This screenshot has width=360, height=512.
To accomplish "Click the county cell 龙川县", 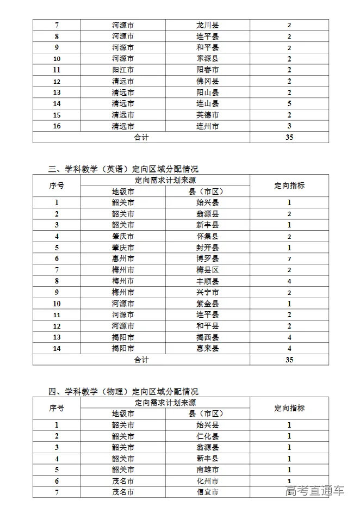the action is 207,25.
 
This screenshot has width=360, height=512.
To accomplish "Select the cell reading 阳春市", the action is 207,70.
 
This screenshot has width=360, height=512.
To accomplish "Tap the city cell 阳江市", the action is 123,70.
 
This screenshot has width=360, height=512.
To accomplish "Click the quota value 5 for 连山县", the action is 289,103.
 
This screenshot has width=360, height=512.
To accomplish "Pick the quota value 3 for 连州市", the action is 289,126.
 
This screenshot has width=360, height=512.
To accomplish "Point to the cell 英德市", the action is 207,115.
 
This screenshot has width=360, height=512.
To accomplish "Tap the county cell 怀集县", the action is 207,236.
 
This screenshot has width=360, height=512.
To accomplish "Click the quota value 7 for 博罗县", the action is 289,258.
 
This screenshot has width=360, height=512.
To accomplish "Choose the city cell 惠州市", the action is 123,258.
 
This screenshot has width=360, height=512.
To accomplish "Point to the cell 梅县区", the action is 207,270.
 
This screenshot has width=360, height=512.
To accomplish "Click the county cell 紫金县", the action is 207,304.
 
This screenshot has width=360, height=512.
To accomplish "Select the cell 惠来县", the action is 207,348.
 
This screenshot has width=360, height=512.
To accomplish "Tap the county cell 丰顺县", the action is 207,281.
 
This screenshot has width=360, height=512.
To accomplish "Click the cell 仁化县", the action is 207,436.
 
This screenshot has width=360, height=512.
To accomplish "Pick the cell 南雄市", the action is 207,470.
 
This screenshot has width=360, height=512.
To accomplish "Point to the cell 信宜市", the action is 207,492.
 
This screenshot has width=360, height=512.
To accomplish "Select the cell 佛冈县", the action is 207,81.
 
